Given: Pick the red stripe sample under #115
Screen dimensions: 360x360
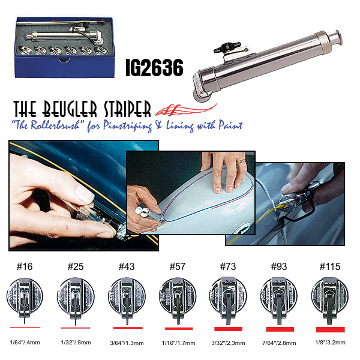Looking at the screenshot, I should (329, 329).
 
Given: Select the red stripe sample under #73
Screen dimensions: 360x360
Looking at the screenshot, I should (227, 329).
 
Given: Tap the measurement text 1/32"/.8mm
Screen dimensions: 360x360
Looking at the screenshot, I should (75, 343).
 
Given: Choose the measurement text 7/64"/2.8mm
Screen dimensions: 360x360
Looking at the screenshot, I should (280, 343).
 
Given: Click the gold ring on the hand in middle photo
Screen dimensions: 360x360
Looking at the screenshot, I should (239, 161).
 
